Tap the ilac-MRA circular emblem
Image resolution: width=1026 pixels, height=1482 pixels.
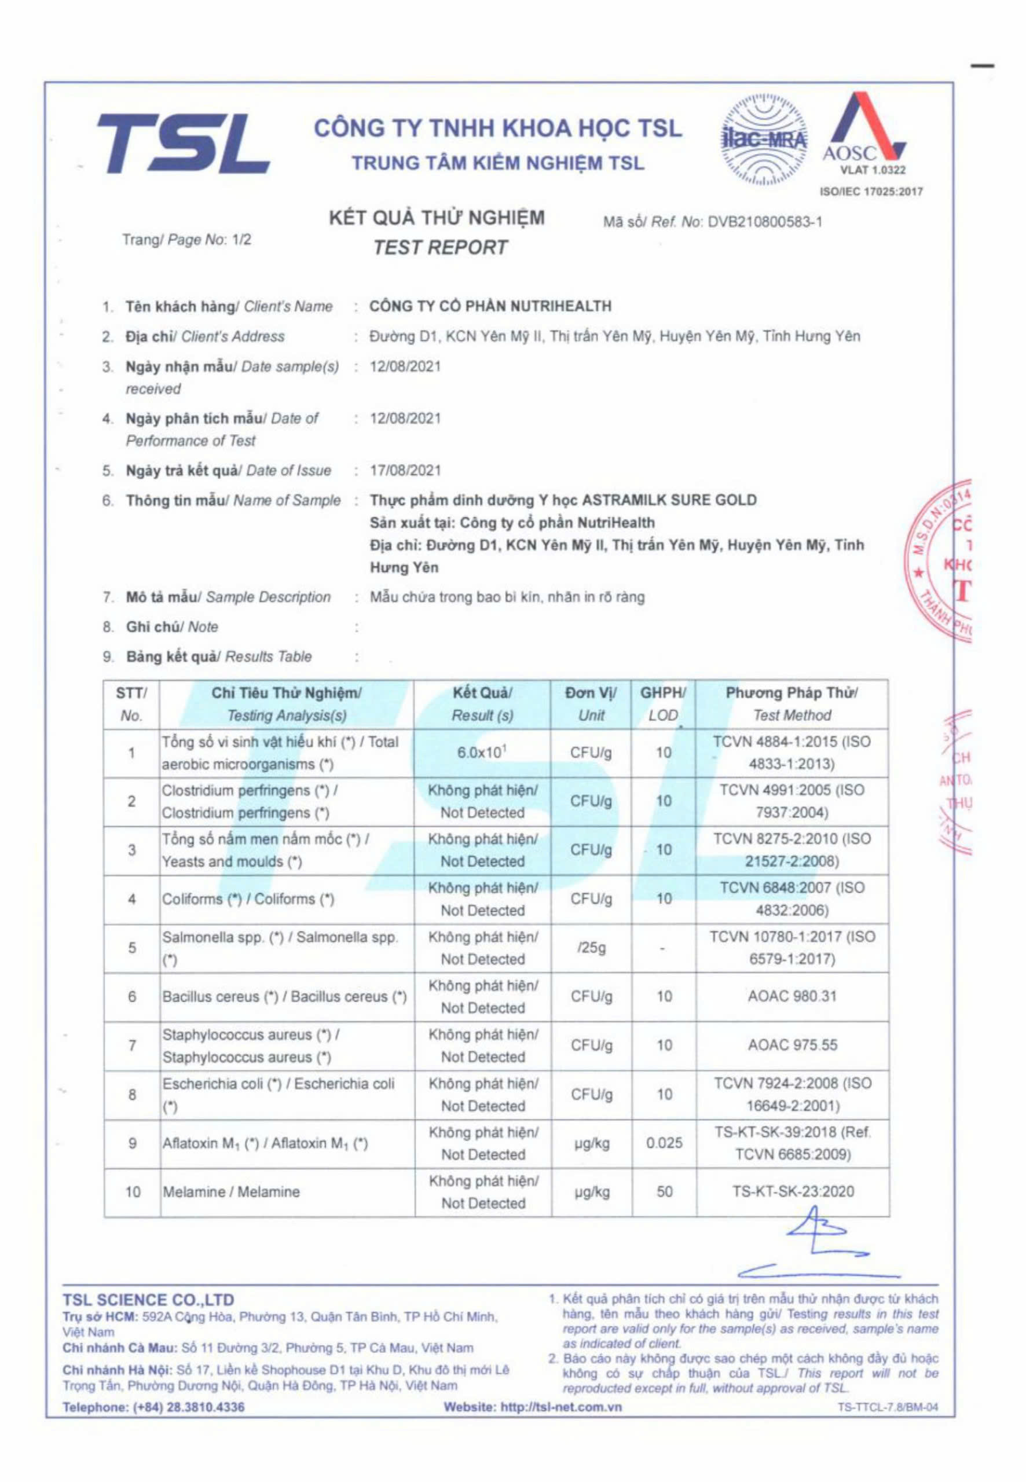(x=764, y=142)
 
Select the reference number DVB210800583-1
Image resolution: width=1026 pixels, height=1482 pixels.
(x=764, y=222)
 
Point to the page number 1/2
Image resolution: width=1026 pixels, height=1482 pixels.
(x=241, y=240)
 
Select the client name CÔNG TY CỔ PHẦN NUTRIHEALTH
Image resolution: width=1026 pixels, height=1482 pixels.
(x=490, y=307)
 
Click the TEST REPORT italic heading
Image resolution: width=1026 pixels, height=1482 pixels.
(x=441, y=247)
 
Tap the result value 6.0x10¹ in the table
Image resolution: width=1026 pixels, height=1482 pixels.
(x=482, y=753)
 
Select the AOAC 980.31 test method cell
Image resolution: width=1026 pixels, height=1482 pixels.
(x=792, y=996)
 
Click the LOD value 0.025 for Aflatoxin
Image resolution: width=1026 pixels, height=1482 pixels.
(x=664, y=1143)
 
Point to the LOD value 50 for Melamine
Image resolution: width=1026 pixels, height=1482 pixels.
(x=664, y=1191)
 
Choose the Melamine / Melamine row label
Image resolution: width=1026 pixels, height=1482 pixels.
(x=231, y=1192)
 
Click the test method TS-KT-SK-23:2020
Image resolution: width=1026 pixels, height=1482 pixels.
(x=793, y=1191)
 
